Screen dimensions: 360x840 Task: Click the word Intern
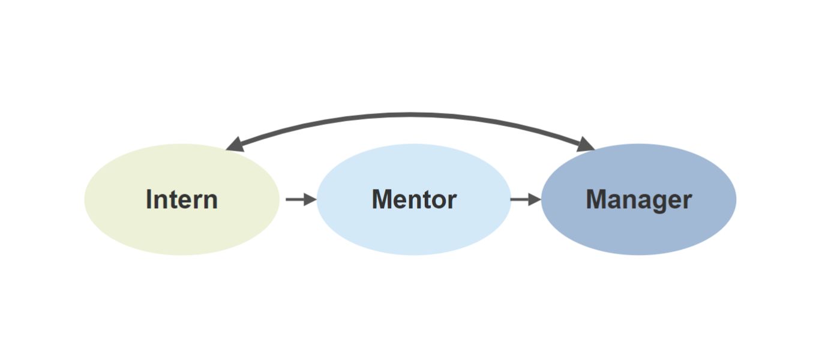pos(181,199)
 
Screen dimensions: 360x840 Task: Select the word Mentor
pos(414,199)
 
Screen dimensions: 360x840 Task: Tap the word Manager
pos(638,199)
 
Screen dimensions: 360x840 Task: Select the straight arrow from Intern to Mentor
pos(299,199)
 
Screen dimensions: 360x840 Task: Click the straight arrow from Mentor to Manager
pos(524,199)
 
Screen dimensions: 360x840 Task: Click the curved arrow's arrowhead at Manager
pos(584,144)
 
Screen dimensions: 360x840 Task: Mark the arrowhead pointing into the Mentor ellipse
pos(310,199)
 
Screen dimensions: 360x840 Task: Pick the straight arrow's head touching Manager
pos(534,199)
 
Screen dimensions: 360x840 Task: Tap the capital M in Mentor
pos(382,199)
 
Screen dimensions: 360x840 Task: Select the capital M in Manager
pos(596,199)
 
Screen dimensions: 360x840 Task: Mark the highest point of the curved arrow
pos(410,113)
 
